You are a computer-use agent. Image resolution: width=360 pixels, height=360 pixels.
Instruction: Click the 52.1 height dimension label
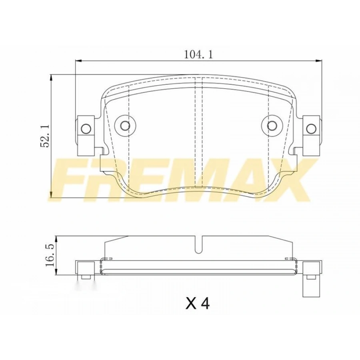[x=45, y=136]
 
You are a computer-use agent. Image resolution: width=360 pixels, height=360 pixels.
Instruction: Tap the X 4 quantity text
[x=198, y=304]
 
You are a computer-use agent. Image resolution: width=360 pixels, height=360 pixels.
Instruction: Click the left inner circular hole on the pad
[x=125, y=126]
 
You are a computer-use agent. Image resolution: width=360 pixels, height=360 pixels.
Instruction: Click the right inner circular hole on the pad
[x=272, y=126]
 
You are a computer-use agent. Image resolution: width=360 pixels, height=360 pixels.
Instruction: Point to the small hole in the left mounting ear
[x=85, y=128]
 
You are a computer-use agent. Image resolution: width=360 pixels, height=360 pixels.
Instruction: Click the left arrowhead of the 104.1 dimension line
[x=78, y=61]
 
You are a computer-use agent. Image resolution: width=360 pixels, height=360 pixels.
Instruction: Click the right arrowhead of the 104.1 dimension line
[x=319, y=61]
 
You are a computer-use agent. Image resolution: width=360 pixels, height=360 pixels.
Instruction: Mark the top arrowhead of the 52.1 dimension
[x=51, y=77]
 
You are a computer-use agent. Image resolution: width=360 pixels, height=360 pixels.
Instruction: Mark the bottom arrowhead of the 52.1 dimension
[x=51, y=196]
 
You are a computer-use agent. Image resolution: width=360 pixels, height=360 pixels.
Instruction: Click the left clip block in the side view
[x=84, y=268]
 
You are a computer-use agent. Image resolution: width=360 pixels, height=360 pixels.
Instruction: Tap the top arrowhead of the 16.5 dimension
[x=57, y=238]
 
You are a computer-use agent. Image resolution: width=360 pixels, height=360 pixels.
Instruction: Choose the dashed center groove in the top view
[x=199, y=132]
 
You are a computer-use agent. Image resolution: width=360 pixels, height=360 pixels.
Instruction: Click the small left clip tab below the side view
[x=84, y=277]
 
